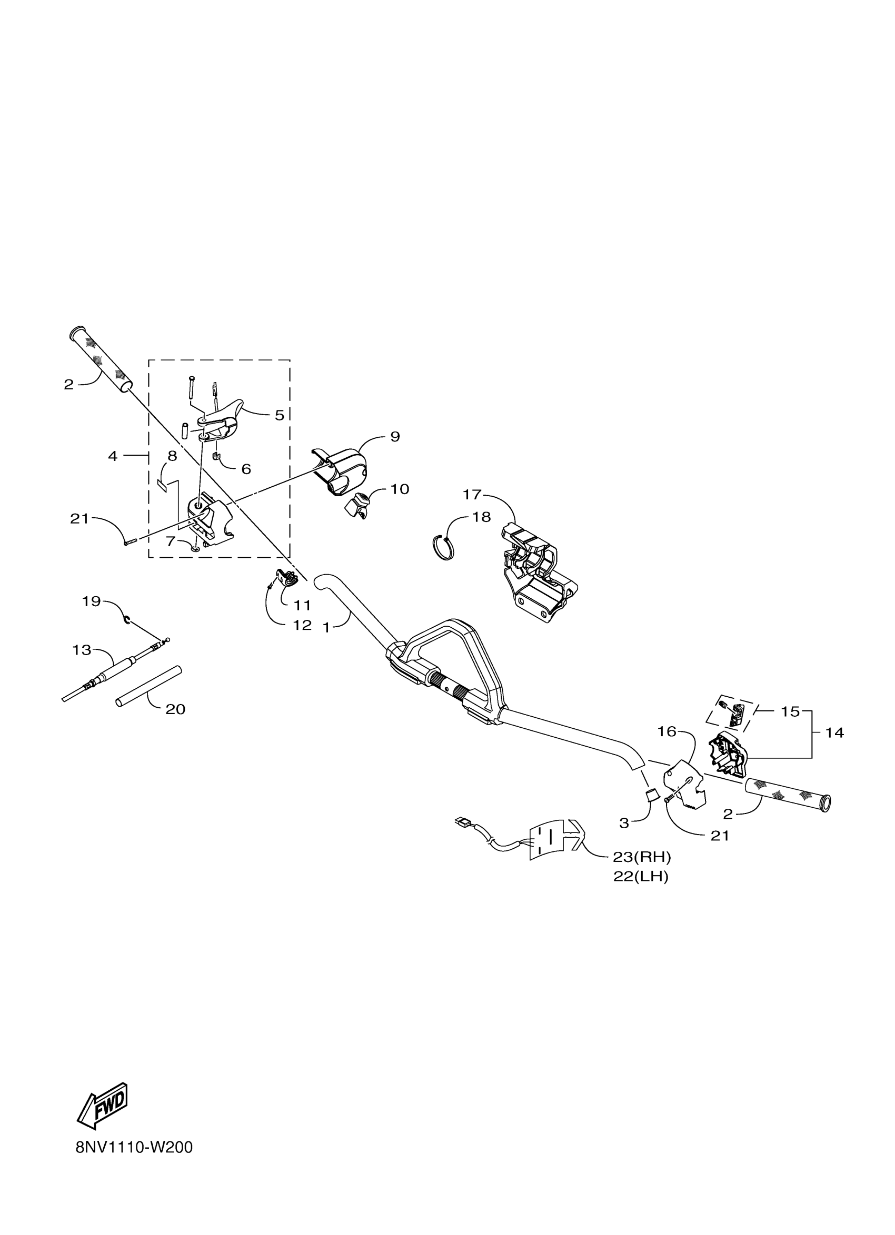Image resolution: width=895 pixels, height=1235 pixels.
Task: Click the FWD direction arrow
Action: pyautogui.click(x=104, y=1106)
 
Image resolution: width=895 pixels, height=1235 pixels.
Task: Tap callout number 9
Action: pyautogui.click(x=395, y=436)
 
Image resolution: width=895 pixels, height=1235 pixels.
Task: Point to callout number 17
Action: pyautogui.click(x=472, y=495)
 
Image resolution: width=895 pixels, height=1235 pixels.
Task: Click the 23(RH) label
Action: pyautogui.click(x=642, y=857)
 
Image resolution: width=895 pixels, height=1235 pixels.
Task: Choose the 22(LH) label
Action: pyautogui.click(x=641, y=877)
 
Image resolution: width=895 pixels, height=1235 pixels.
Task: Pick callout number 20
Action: pyautogui.click(x=175, y=709)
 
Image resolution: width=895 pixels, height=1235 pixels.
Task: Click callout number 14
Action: pyautogui.click(x=834, y=732)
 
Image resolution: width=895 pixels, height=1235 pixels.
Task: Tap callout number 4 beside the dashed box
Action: pyautogui.click(x=113, y=456)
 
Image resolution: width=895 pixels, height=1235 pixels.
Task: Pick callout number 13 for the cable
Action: pyautogui.click(x=82, y=650)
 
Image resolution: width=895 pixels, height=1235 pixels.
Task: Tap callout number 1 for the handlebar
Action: pyautogui.click(x=326, y=627)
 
